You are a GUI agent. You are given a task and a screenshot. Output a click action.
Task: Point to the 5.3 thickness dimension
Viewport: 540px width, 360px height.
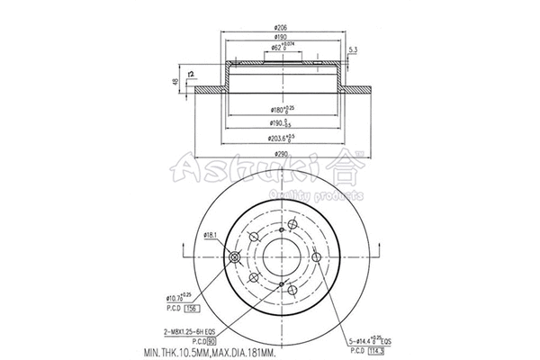coord(353,49)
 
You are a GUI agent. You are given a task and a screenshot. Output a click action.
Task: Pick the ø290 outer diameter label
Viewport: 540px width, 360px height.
coord(282,155)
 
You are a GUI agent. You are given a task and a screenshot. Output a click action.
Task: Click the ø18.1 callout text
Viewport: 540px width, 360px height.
coord(212,235)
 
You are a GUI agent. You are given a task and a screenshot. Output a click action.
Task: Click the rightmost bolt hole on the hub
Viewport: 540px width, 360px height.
coord(317,256)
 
